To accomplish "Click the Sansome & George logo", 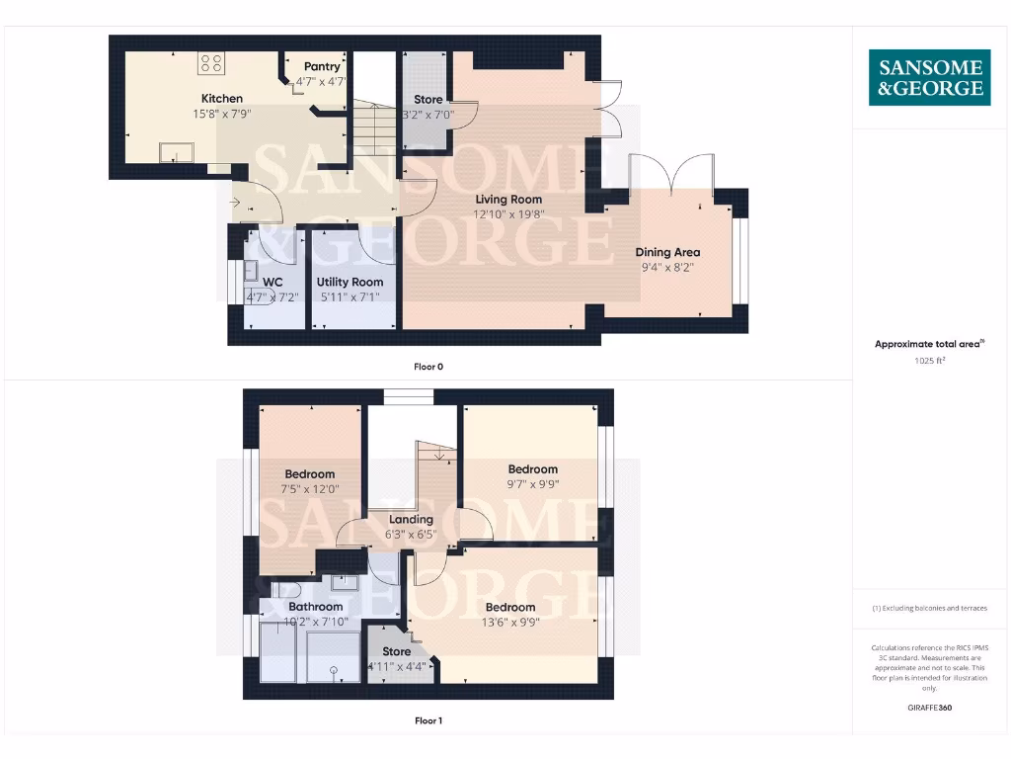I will coord(929,77).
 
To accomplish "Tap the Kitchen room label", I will coord(222,99).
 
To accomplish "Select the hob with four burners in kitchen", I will coord(211,63).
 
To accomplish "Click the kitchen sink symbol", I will coord(178,151).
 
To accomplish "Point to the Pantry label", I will coord(322,67).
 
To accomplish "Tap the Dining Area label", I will coord(667,252).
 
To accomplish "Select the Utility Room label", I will coord(350,282).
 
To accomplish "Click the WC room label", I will coord(272,282).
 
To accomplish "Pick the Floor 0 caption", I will coord(428,367).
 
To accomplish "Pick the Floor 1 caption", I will coord(428,720).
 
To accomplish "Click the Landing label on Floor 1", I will coord(411,519).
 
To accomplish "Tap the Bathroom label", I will coord(315,607).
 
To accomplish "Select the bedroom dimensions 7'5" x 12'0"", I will coord(310,488).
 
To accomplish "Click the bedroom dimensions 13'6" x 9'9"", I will coord(510,622).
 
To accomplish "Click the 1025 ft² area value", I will coord(929,361).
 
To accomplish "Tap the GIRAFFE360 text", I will coord(929,708).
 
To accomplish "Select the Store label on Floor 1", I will coord(396,651).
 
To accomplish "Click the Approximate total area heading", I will coord(928,344).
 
